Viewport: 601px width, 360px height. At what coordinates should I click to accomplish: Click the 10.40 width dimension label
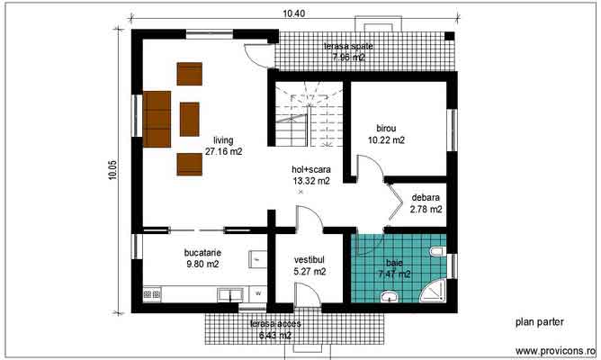(x=293, y=13)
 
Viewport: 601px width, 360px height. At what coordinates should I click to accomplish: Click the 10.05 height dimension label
(x=112, y=170)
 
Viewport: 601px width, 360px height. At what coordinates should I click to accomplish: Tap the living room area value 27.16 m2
(x=223, y=152)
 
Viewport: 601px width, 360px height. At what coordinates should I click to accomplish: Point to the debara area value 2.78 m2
(x=426, y=209)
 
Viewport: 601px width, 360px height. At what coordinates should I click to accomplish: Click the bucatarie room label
(x=202, y=253)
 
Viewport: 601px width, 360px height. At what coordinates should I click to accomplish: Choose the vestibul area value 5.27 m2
(x=309, y=271)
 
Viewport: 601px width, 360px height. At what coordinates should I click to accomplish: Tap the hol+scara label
(x=311, y=169)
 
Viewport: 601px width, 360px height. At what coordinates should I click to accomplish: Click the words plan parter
(x=537, y=321)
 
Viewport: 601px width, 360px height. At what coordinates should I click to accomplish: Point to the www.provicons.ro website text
(x=556, y=349)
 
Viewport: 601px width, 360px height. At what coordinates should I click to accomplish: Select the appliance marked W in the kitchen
(x=257, y=292)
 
